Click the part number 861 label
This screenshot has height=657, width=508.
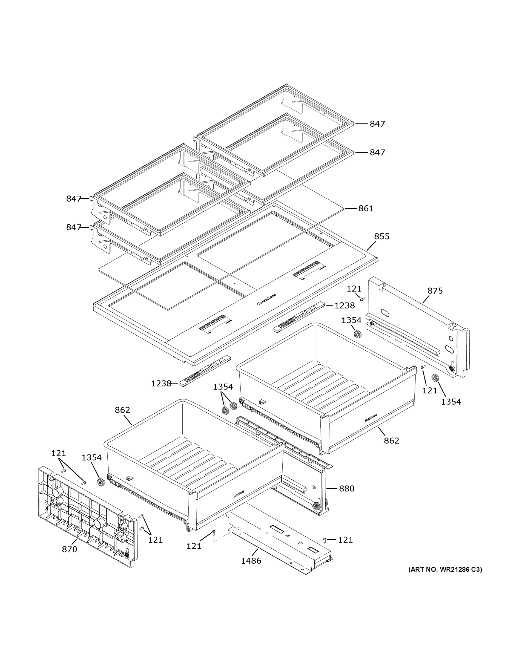point(366,209)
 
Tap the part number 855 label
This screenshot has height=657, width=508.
point(381,237)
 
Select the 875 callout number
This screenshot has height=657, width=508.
point(435,291)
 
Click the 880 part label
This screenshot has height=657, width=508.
point(346,489)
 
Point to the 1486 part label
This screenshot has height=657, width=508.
point(251,561)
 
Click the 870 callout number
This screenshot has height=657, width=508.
point(70,549)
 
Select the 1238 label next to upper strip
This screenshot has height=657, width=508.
point(345,305)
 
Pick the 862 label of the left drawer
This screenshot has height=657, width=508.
point(122,410)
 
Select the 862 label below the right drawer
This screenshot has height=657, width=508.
point(391,440)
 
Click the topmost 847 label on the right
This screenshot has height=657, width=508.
point(377,124)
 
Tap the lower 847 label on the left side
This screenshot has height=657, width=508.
point(74,227)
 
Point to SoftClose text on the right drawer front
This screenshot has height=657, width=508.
point(371,418)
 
